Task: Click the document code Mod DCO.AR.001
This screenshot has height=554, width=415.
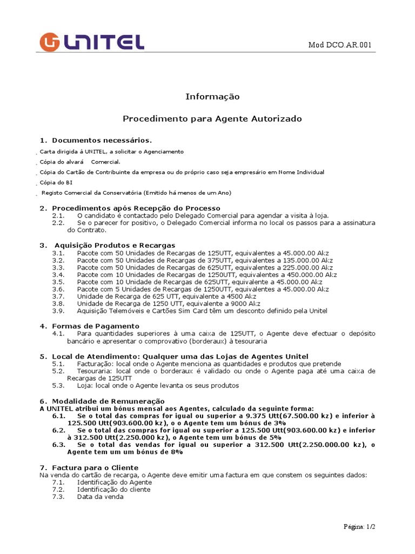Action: [339, 45]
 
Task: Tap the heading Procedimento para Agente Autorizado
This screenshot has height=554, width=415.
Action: [212, 118]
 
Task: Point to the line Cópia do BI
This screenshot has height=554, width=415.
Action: [56, 182]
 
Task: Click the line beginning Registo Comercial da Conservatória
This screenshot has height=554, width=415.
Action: [136, 193]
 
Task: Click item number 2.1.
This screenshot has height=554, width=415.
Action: [58, 215]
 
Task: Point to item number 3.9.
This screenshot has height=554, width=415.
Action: [58, 311]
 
